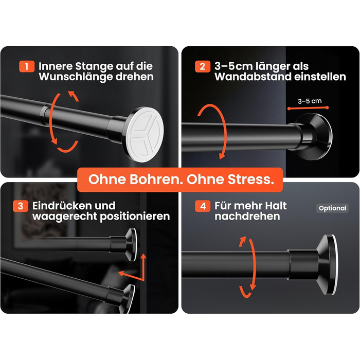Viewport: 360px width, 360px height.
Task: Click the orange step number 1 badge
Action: pyautogui.click(x=27, y=66)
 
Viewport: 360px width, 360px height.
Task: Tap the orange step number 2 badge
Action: pyautogui.click(x=203, y=66)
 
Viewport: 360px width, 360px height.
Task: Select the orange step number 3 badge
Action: pyautogui.click(x=21, y=206)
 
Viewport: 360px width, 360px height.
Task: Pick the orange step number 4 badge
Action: pyautogui.click(x=203, y=206)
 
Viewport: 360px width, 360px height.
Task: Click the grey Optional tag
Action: pyautogui.click(x=332, y=208)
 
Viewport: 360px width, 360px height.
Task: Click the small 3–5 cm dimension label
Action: pyautogui.click(x=310, y=101)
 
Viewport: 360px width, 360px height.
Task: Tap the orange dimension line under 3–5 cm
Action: pyautogui.click(x=308, y=108)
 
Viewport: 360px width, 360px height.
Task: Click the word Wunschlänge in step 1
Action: pyautogui.click(x=76, y=77)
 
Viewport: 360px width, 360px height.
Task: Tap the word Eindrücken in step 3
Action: pyautogui.click(x=74, y=206)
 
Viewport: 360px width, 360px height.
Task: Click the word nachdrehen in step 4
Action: pyautogui.click(x=247, y=217)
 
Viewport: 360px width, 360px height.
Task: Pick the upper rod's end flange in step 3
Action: pyautogui.click(x=131, y=244)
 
